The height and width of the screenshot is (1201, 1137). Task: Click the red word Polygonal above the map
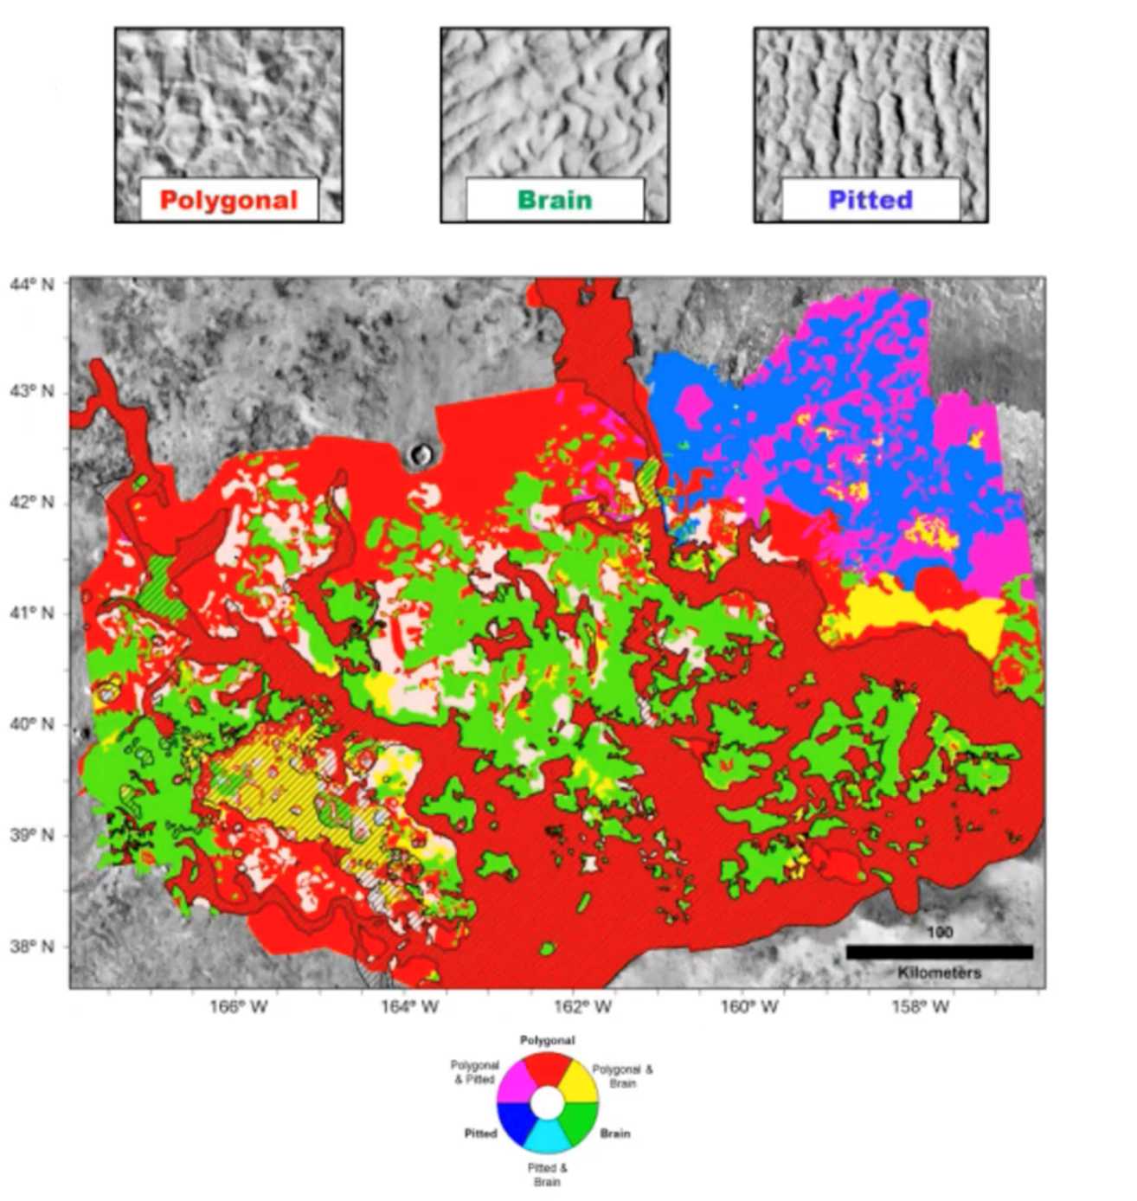point(228,201)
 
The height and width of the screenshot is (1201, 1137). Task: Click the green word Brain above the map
point(555,201)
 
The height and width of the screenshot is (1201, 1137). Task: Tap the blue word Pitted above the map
point(870,201)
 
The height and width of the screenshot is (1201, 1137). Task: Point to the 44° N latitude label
point(31,283)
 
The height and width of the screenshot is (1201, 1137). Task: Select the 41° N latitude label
point(31,613)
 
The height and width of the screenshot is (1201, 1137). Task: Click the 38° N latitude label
point(31,947)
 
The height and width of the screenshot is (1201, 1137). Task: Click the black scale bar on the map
point(939,952)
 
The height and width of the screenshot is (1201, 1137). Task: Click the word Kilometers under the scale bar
point(939,973)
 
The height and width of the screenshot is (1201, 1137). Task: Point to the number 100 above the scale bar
point(939,933)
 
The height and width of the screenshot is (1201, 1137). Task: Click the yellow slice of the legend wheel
point(578,1084)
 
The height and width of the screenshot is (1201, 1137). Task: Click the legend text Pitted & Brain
point(547,1175)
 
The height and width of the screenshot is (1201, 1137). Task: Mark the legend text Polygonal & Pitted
point(474,1072)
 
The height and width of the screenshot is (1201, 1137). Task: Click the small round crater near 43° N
point(423,452)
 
